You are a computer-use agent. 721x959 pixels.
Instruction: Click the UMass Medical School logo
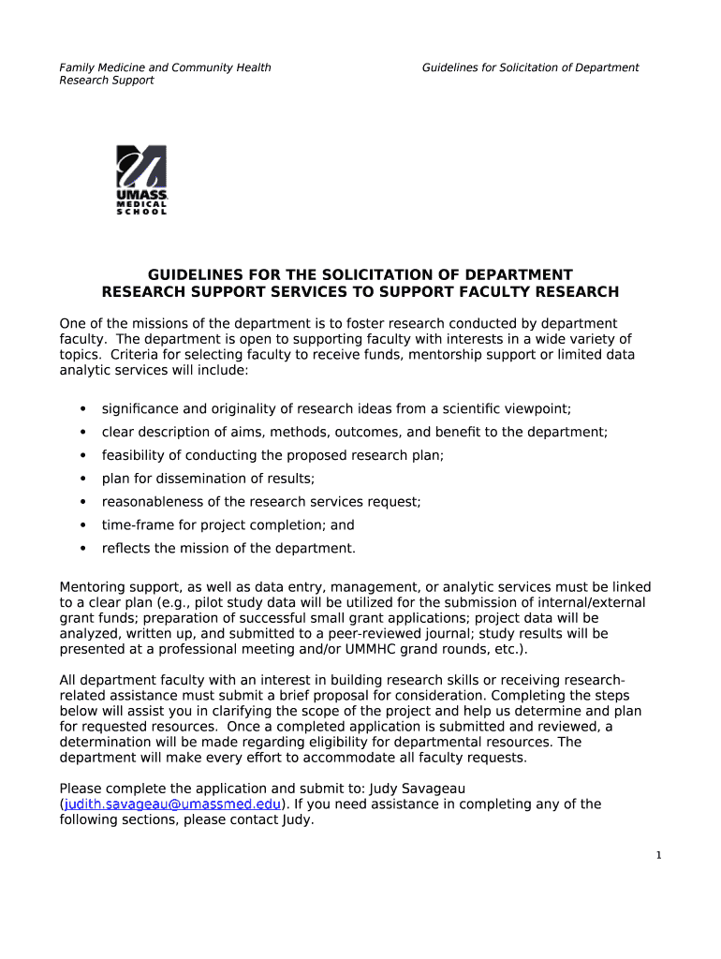(141, 180)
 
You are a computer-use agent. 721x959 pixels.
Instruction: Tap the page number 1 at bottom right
(659, 855)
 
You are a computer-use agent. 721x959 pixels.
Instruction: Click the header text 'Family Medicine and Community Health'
(166, 67)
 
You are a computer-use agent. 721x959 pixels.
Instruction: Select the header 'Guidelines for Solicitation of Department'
(530, 67)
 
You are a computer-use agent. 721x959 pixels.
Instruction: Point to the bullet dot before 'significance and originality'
(83, 408)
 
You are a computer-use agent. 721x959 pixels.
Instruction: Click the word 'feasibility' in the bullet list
(135, 455)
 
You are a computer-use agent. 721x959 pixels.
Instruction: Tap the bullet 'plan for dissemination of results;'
(208, 479)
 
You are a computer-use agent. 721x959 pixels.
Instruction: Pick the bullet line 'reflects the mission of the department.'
(228, 549)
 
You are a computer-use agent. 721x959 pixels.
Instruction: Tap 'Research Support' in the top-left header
(107, 81)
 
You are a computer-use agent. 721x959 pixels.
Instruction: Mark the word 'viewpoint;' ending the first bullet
(537, 408)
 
